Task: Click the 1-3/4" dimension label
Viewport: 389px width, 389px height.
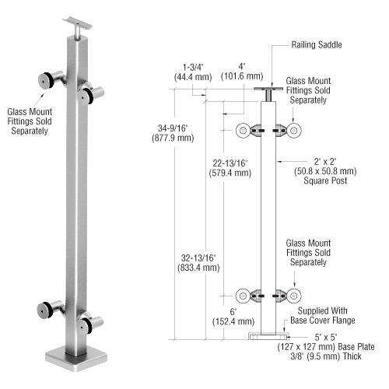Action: click(x=189, y=67)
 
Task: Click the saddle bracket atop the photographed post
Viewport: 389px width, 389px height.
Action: click(x=77, y=23)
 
